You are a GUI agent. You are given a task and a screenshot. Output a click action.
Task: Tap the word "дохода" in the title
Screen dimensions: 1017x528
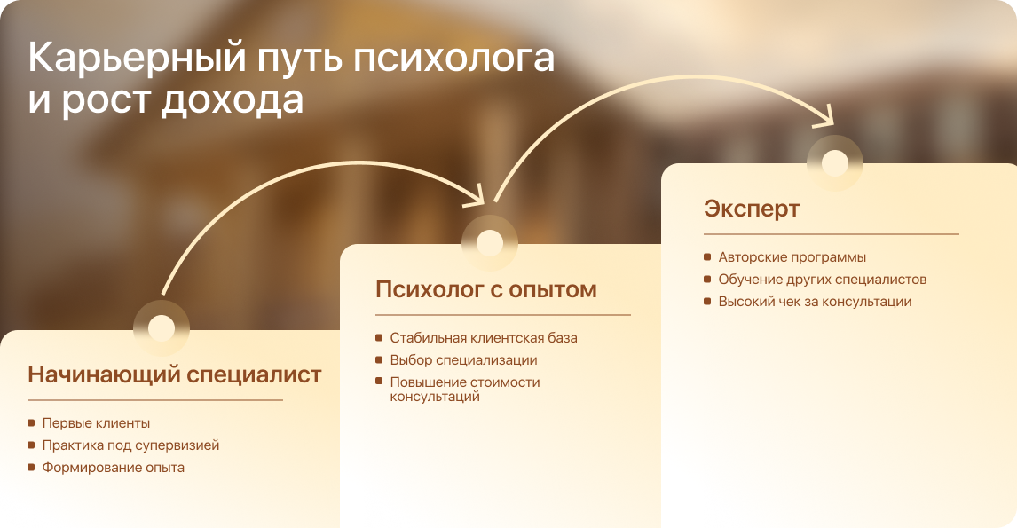pyautogui.click(x=233, y=100)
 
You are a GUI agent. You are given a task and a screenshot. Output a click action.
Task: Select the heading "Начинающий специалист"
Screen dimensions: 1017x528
pyautogui.click(x=175, y=374)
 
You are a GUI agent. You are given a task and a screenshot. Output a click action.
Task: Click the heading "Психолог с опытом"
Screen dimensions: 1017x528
pyautogui.click(x=485, y=289)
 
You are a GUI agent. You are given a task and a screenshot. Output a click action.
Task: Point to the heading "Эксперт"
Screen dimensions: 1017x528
pyautogui.click(x=751, y=209)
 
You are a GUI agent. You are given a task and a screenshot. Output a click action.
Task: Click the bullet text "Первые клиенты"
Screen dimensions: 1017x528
pyautogui.click(x=96, y=423)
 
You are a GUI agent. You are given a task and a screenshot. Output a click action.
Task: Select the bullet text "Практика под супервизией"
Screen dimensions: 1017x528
pyautogui.click(x=130, y=445)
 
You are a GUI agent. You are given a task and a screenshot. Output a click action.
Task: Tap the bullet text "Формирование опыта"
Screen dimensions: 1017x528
pyautogui.click(x=113, y=468)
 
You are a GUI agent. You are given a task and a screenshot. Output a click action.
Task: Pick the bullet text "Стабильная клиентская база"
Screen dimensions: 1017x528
pyautogui.click(x=483, y=338)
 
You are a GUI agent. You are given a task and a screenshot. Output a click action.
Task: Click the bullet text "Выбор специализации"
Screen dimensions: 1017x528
pyautogui.click(x=463, y=360)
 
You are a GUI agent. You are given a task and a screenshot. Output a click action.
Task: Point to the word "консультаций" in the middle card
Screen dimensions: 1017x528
pyautogui.click(x=435, y=397)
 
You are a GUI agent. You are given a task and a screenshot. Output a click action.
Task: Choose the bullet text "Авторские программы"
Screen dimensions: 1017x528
pyautogui.click(x=792, y=257)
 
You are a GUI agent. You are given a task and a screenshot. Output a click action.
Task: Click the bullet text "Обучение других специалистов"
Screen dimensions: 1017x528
pyautogui.click(x=822, y=280)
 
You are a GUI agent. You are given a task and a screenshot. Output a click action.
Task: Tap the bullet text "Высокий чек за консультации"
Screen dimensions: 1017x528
pyautogui.click(x=815, y=302)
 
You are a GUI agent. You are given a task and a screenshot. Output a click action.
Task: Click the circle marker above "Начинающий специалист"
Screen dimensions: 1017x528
pyautogui.click(x=162, y=327)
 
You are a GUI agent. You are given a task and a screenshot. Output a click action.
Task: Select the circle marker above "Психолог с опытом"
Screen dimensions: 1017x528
pyautogui.click(x=490, y=243)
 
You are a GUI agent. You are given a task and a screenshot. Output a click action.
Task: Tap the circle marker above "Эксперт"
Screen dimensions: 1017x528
pyautogui.click(x=835, y=162)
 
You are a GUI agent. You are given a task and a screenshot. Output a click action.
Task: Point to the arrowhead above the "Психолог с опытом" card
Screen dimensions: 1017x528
pyautogui.click(x=475, y=196)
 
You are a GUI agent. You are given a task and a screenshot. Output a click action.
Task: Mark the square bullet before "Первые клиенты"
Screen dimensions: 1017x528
pyautogui.click(x=31, y=423)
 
